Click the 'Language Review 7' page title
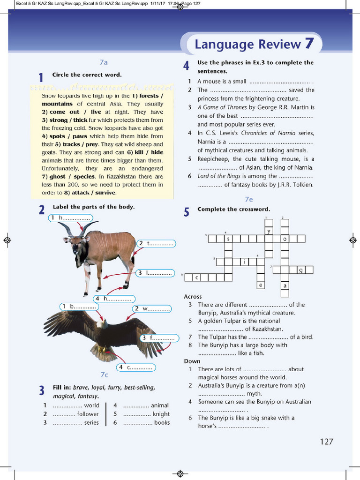click(254, 44)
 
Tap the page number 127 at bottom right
click(326, 441)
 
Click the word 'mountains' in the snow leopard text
click(57, 104)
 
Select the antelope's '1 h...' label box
click(70, 218)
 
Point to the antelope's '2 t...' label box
click(156, 244)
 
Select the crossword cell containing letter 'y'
click(269, 231)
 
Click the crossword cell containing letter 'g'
click(301, 270)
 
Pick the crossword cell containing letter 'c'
click(197, 277)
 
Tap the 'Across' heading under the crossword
click(193, 296)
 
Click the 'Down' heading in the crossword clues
click(192, 361)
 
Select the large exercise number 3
click(42, 390)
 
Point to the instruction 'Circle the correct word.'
click(87, 75)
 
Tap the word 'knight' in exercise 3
click(161, 414)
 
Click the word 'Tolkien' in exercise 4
click(302, 185)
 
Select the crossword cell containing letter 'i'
click(244, 262)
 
